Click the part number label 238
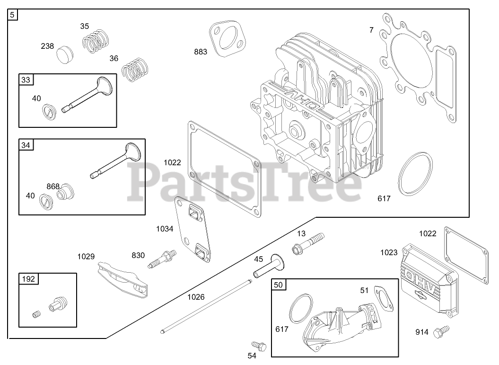click(47, 46)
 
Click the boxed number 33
click(26, 80)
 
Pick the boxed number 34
click(26, 145)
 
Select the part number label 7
click(371, 30)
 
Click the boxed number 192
click(28, 279)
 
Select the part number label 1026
click(196, 297)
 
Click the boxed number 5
click(13, 15)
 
